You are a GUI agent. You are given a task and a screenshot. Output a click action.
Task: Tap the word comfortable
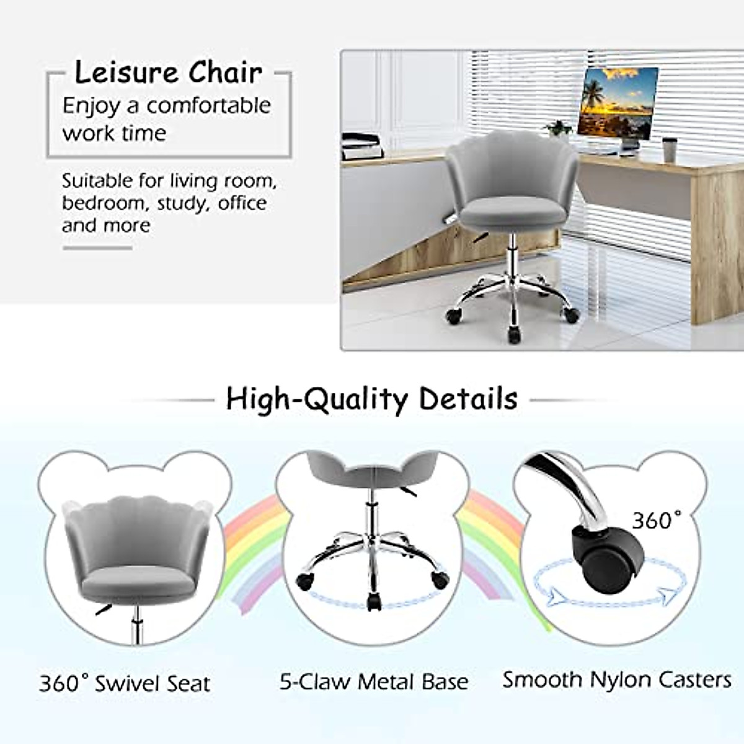[209, 105]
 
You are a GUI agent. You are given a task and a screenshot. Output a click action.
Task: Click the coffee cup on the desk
[668, 149]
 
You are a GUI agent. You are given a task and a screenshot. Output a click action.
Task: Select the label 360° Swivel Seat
[125, 683]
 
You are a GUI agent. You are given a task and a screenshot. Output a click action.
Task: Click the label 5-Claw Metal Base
[374, 682]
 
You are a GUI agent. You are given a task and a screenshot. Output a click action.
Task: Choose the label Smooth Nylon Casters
[616, 680]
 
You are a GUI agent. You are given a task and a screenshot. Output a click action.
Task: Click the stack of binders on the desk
[363, 146]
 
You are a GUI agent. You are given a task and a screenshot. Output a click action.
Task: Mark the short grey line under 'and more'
[97, 248]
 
